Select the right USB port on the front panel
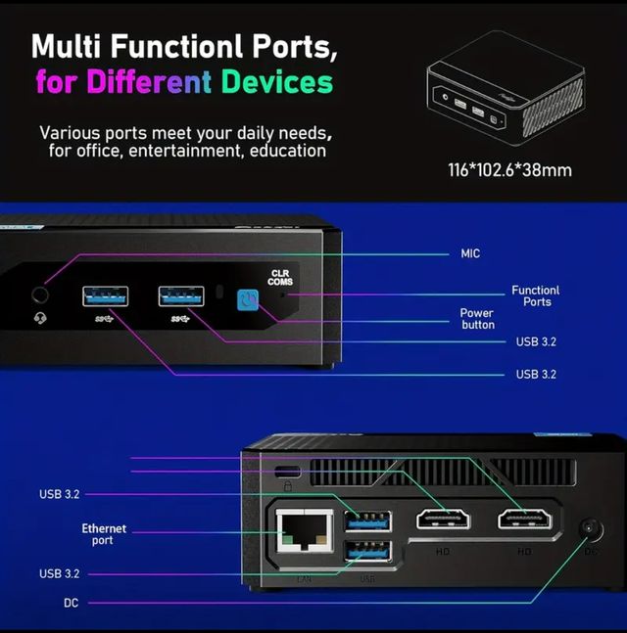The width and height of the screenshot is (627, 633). pos(181,295)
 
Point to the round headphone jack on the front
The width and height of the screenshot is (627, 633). pos(41,294)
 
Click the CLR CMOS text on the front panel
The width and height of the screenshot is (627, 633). pos(280,277)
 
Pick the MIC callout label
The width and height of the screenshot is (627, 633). pos(470,253)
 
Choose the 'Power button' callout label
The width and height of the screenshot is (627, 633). pos(477,319)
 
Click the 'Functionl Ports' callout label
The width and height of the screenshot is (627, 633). pos(535,295)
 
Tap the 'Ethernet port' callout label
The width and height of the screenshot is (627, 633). pos(103,534)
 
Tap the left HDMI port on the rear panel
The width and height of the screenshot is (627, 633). pos(444,520)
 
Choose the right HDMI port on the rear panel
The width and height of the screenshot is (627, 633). pos(524,520)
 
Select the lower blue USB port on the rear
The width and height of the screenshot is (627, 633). pos(367,554)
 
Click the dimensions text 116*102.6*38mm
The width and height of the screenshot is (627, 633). pos(509,170)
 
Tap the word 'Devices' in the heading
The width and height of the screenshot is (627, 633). pos(276,80)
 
